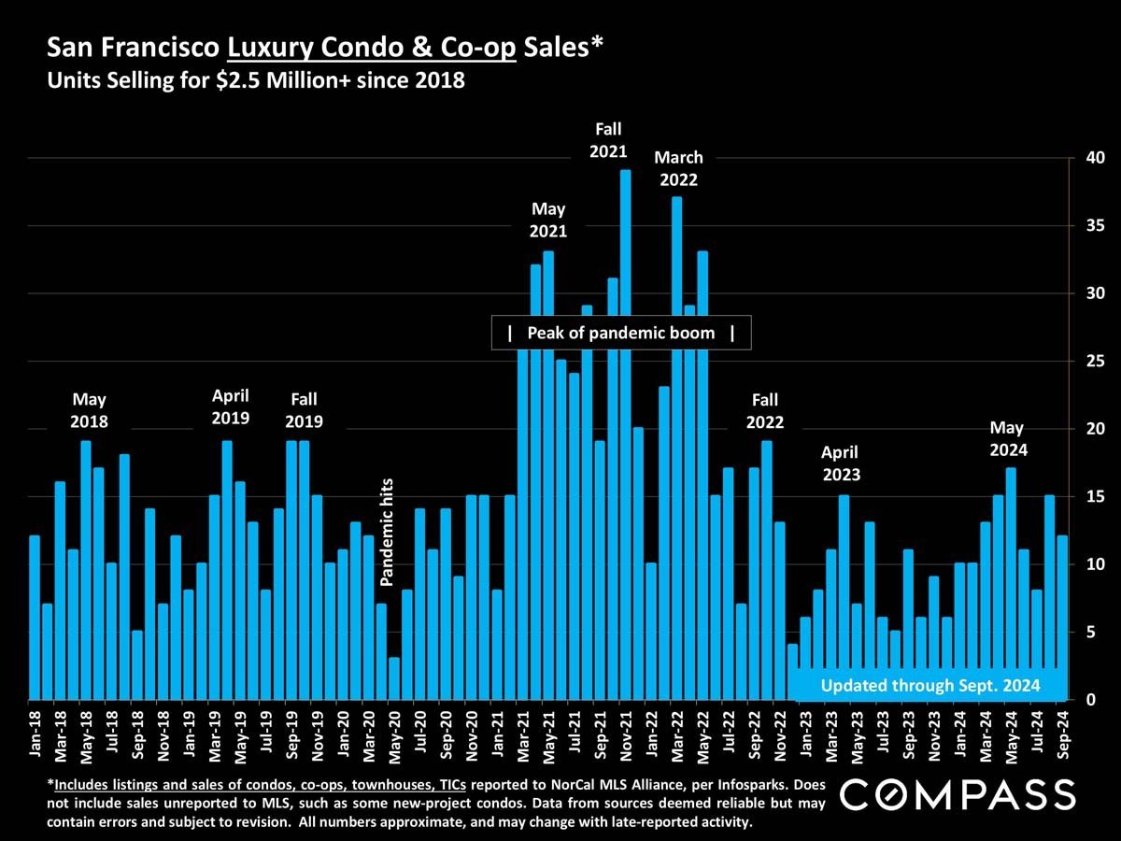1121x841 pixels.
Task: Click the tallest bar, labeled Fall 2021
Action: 625,435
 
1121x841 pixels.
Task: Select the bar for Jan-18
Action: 35,617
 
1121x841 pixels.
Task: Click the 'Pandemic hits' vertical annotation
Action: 388,532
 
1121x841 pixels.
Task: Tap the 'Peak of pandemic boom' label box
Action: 621,333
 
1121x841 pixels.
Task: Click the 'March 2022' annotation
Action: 678,168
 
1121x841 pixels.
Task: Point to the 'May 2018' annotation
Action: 89,410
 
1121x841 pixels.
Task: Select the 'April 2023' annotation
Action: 841,463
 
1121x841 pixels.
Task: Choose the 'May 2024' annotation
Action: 1009,438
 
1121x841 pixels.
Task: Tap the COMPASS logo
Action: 958,795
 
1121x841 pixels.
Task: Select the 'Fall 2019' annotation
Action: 304,410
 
